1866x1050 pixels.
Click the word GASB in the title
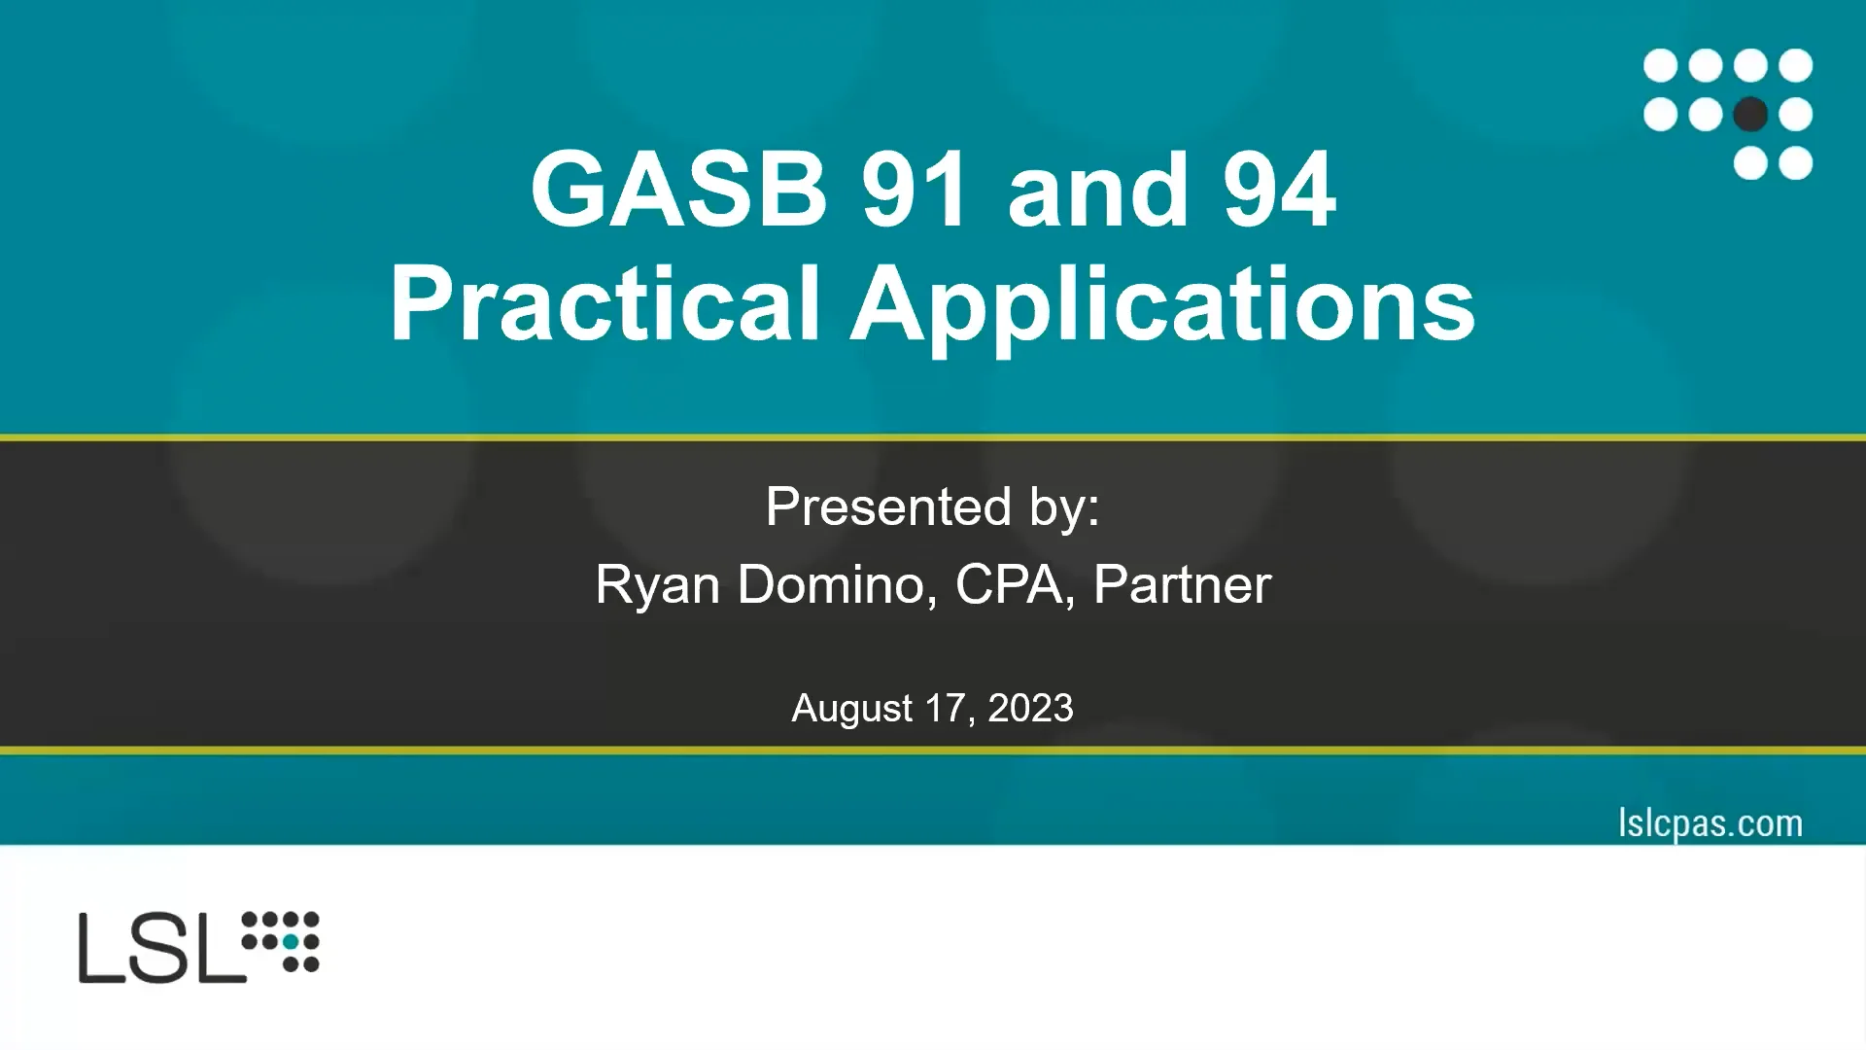[678, 190]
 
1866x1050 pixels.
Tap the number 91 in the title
[915, 190]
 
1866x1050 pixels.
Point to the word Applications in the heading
[1162, 305]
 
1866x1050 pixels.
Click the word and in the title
[1097, 192]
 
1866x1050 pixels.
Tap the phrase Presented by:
[932, 507]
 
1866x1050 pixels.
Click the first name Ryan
[657, 585]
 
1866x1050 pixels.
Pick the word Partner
[1182, 584]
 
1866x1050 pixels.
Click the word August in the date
[851, 709]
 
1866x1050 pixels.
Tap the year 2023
[1030, 708]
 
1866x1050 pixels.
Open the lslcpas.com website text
[1710, 823]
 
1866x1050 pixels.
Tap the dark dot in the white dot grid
[1750, 115]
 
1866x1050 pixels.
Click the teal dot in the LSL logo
[291, 941]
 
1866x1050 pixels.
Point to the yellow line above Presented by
[933, 437]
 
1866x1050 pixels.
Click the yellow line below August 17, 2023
[933, 750]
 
